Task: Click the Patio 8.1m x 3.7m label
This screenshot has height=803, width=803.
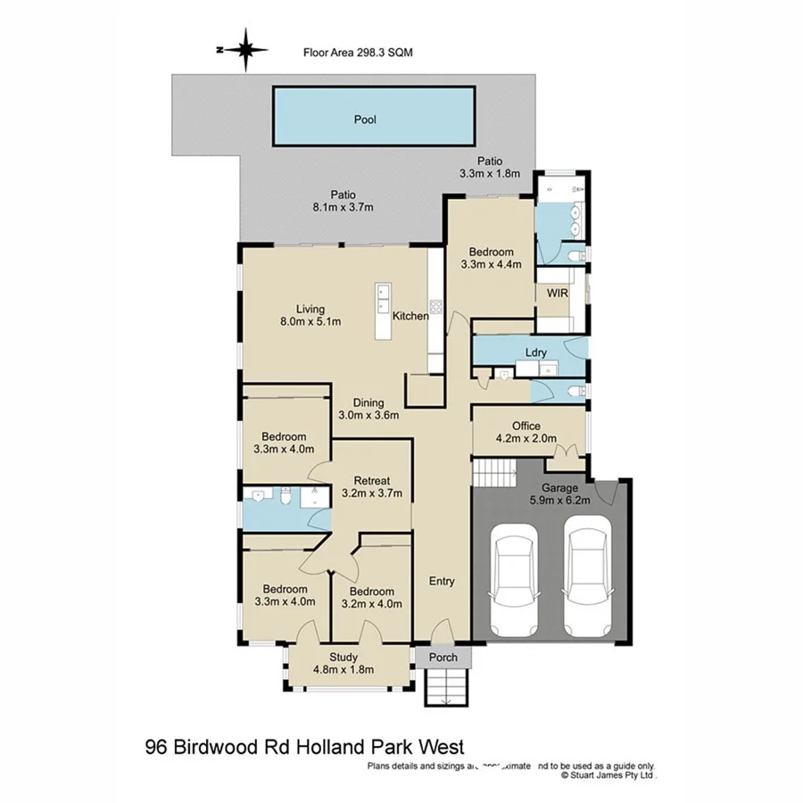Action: coord(344,201)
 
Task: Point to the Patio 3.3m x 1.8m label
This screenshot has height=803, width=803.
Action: coord(488,167)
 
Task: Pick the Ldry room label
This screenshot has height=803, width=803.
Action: coord(535,352)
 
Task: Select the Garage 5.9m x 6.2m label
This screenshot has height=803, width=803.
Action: coord(559,495)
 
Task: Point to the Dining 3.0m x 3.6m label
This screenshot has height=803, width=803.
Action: coord(368,408)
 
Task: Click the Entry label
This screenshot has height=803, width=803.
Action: coord(442,581)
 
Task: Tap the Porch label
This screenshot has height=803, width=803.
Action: coord(443,658)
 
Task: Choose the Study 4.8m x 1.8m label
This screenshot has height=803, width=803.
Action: coord(344,664)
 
